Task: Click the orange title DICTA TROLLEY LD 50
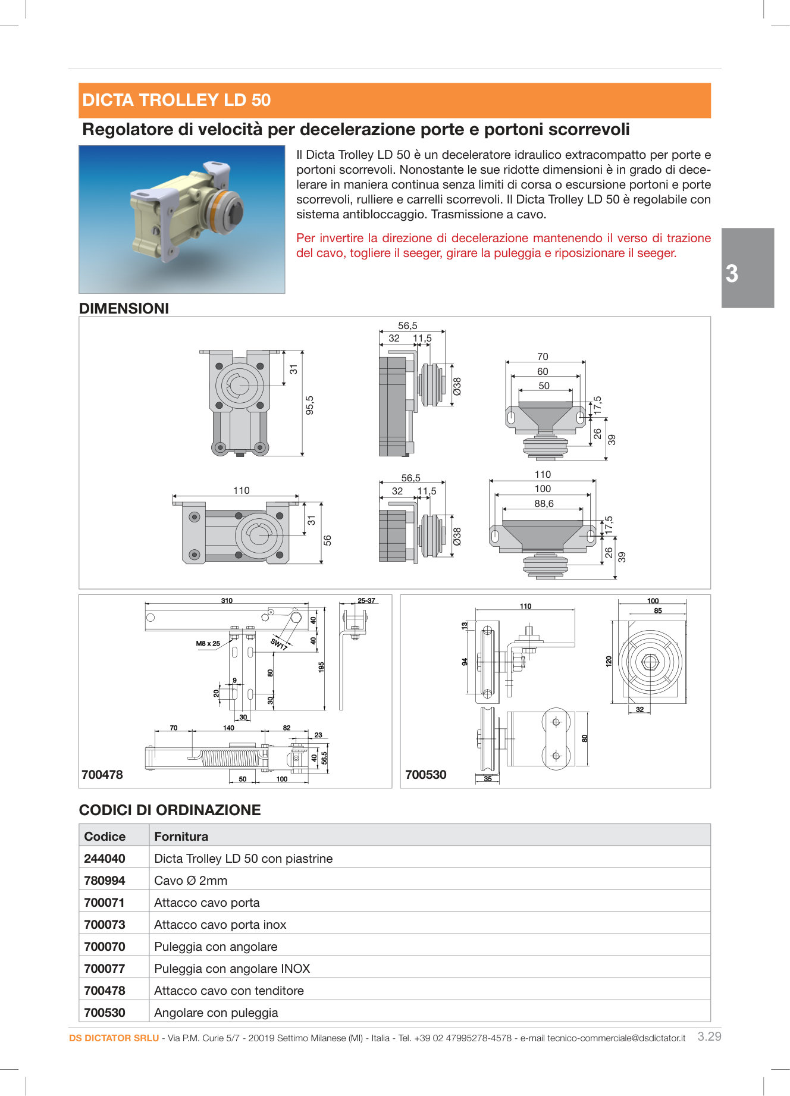point(177,100)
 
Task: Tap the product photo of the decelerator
point(182,219)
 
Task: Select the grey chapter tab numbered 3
point(747,268)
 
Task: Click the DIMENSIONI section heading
point(124,308)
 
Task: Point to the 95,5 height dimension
point(309,405)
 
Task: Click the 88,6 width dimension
point(544,503)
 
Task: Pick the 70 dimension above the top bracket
point(543,356)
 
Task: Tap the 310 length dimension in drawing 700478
point(227,600)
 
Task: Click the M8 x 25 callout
point(208,643)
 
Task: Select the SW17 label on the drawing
point(278,644)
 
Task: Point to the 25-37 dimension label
point(366,600)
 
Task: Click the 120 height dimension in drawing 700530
point(609,661)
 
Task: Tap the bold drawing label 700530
point(425,775)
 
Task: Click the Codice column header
point(105,836)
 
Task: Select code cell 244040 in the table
point(105,858)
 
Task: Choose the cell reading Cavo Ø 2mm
point(190,880)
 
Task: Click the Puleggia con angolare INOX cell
point(232,968)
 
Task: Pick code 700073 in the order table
point(105,924)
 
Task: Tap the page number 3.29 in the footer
point(709,1036)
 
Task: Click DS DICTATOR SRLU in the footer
point(114,1038)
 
